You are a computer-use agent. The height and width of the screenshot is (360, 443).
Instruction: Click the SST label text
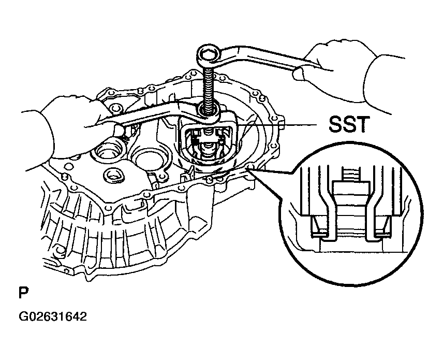click(349, 124)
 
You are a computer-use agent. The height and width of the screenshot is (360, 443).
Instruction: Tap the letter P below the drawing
click(24, 293)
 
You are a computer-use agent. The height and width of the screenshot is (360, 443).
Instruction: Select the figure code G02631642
click(53, 316)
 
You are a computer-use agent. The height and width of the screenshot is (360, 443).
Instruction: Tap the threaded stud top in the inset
click(351, 174)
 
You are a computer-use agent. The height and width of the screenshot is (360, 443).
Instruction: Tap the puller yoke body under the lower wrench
click(210, 139)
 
